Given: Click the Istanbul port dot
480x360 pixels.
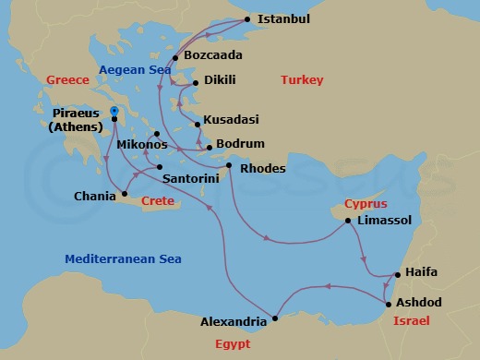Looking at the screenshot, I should (x=247, y=18).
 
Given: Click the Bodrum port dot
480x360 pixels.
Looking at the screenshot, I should (x=210, y=148).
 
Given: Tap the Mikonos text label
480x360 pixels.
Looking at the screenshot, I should (x=142, y=146).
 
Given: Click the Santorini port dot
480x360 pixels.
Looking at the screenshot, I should (x=161, y=167).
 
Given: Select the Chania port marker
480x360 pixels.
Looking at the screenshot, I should (x=125, y=195).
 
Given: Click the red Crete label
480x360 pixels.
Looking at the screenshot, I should (x=157, y=201).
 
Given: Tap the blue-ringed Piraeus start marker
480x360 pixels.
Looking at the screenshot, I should (x=114, y=111).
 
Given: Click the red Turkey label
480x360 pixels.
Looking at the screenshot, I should (x=301, y=80).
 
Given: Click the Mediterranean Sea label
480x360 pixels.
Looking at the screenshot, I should (x=123, y=258).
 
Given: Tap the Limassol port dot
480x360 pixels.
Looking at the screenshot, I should (x=347, y=221).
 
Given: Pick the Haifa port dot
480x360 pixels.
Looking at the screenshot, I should (x=395, y=274).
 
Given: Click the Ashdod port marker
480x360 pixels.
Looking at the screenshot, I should (x=389, y=303).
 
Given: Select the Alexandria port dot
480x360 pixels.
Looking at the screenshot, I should (x=275, y=319).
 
